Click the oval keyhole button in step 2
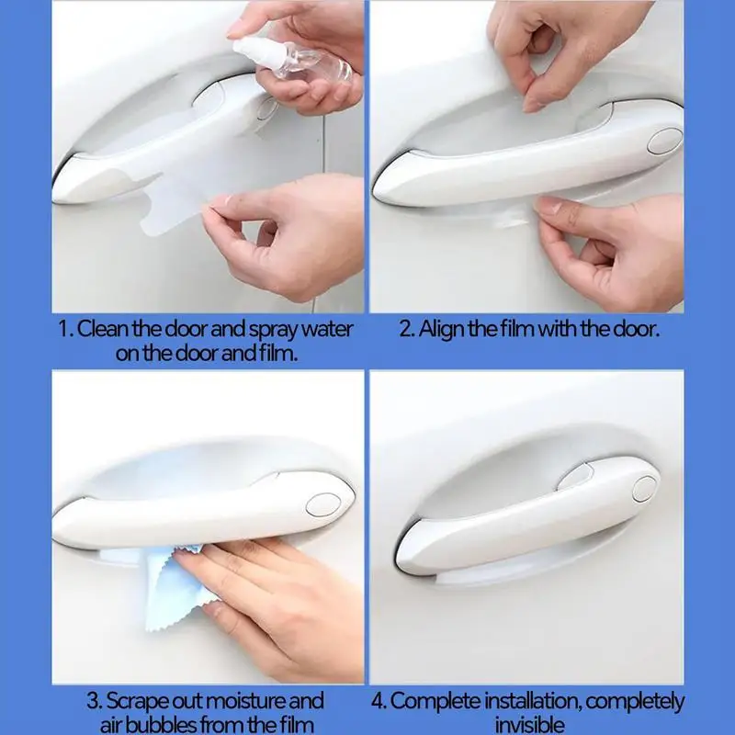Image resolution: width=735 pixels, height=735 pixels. (x=664, y=141)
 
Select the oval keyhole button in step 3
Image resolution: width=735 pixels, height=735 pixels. (x=323, y=504)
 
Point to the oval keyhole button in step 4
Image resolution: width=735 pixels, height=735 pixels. (x=644, y=489)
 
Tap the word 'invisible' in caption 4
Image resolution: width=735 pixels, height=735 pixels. (x=529, y=725)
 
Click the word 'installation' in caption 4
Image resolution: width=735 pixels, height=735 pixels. (x=533, y=702)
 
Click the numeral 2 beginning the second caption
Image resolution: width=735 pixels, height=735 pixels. (x=404, y=330)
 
